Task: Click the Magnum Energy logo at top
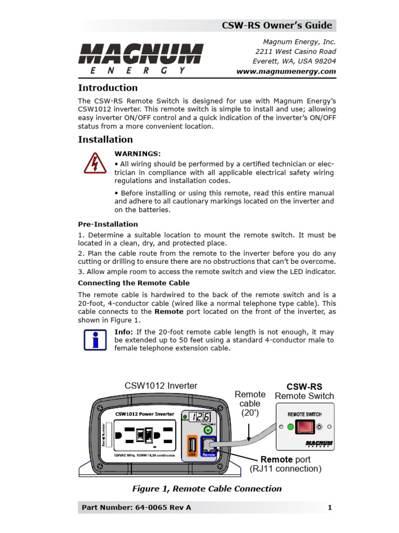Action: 140,58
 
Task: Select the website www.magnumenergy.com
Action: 286,72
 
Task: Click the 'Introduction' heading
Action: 108,88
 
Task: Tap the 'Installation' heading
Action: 105,139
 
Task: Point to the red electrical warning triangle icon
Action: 95,163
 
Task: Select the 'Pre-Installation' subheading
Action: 108,224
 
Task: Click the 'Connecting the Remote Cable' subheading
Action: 134,283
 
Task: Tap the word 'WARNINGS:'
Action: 138,154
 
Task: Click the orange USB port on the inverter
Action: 191,446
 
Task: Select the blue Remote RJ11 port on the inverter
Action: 209,446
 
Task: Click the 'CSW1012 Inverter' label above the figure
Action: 161,386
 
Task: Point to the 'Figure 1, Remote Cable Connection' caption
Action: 207,489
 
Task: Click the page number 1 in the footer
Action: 330,507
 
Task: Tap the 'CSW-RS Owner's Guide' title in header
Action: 276,26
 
